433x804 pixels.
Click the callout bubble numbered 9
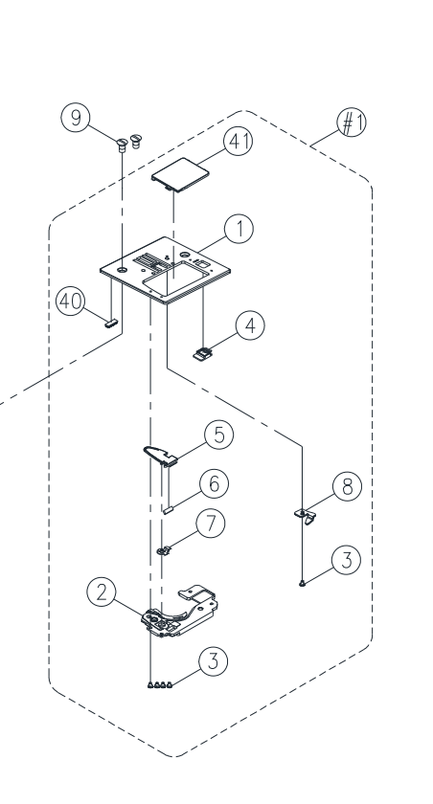(x=76, y=118)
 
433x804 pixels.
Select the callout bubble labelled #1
(x=352, y=123)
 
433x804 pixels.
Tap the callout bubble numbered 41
(x=238, y=141)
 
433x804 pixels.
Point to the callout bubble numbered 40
(x=70, y=301)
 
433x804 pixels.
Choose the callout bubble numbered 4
(x=250, y=325)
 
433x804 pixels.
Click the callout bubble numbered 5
(x=219, y=435)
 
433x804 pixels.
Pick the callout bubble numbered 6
(x=214, y=483)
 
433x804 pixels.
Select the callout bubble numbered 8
(x=348, y=486)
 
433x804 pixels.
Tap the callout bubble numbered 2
(x=102, y=592)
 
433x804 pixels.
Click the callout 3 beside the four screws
(x=213, y=661)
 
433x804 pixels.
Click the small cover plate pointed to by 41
(x=180, y=175)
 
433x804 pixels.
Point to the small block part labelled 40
(x=111, y=324)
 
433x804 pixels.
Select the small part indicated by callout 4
(x=202, y=354)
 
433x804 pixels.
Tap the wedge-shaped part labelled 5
(x=160, y=456)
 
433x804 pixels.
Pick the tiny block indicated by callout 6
(x=169, y=509)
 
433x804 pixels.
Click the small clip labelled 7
(x=163, y=550)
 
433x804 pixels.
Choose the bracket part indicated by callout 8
(x=306, y=516)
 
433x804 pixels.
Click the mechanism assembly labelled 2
(x=179, y=612)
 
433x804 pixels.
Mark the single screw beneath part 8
(x=302, y=583)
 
